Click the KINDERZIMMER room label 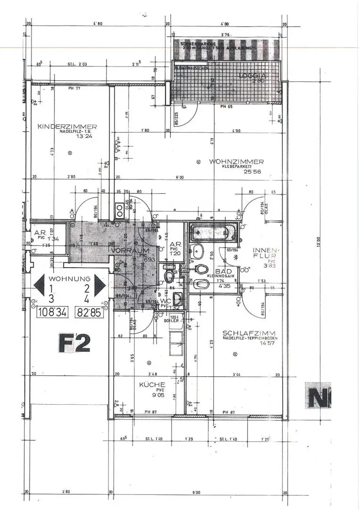pyautogui.click(x=67, y=126)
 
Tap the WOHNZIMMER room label pyautogui.click(x=236, y=161)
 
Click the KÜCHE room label pyautogui.click(x=152, y=385)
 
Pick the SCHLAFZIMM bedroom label pyautogui.click(x=249, y=333)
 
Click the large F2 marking pyautogui.click(x=75, y=343)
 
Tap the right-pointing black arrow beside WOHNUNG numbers pyautogui.click(x=100, y=285)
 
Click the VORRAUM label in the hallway pyautogui.click(x=130, y=250)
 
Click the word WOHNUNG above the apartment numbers pyautogui.click(x=69, y=279)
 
